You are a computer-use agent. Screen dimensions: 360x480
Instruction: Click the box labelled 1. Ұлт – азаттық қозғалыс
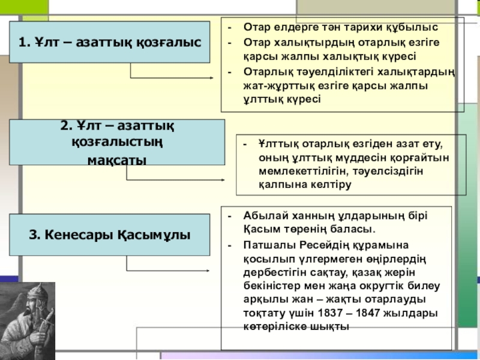click(x=109, y=43)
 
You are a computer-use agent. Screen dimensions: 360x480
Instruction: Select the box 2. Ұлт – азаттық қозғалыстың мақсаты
click(x=117, y=142)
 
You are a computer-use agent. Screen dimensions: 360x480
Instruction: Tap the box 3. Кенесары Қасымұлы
click(x=109, y=234)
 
